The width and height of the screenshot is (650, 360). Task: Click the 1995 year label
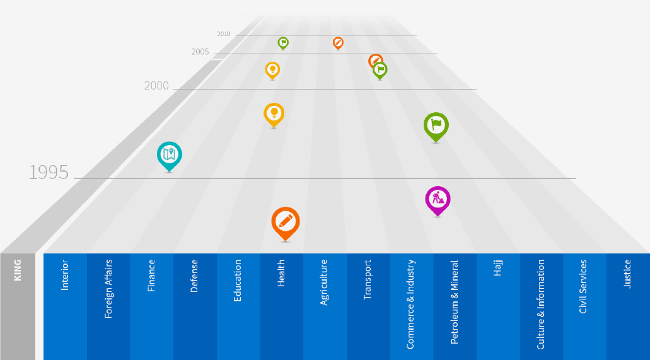pos(49,173)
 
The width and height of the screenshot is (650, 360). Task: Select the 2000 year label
pos(156,86)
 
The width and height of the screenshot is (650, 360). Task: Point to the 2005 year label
pos(200,52)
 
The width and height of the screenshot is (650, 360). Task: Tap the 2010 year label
pos(223,34)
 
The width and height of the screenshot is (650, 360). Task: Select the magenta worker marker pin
pos(438,199)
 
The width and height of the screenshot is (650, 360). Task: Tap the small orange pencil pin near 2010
pos(338,42)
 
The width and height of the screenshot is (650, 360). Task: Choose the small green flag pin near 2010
pos(283,42)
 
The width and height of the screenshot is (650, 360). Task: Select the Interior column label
pos(65,275)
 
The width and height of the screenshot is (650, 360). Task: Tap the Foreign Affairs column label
pos(108,288)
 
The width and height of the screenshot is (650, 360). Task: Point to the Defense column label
pos(194,276)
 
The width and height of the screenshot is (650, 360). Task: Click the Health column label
pos(281,274)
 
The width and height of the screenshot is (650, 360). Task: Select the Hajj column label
pos(498,269)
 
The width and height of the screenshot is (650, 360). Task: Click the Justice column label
pos(627,274)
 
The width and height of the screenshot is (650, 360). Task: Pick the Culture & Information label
pos(541,305)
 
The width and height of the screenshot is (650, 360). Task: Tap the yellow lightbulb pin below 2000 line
pos(274,113)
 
